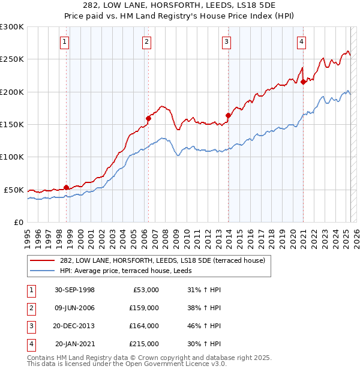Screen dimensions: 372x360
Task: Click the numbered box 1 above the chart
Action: tap(64, 41)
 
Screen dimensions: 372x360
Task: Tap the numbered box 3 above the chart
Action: tap(226, 41)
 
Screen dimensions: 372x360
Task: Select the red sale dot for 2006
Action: tap(148, 118)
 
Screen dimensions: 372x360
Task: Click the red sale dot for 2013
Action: tap(228, 115)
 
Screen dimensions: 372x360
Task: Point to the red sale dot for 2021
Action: tap(304, 82)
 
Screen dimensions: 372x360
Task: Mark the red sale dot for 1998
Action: tap(66, 187)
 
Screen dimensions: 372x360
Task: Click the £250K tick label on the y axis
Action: tap(12, 59)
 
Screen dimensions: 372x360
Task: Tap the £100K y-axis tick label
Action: tap(12, 157)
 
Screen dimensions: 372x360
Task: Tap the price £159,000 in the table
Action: tap(144, 308)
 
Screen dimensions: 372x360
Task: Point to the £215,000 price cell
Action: tap(144, 344)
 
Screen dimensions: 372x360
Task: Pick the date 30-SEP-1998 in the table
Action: tap(74, 290)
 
